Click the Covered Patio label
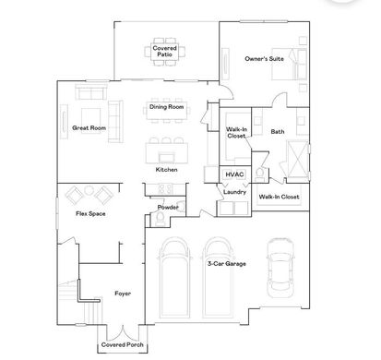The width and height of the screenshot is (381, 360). pos(165,52)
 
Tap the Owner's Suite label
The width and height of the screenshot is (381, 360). pos(265,59)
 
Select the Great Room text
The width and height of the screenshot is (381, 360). pos(89,127)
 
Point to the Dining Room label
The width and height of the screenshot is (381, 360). pos(167,107)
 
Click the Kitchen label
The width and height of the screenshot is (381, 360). pos(166,170)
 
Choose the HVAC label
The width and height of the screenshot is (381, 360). pos(234,174)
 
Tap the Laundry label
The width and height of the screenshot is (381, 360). pos(234,192)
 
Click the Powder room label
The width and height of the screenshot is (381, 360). pos(168,207)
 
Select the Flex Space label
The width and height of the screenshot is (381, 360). pos(90,213)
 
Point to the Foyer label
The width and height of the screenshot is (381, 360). pos(123,294)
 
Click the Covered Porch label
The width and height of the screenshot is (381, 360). pos(123,344)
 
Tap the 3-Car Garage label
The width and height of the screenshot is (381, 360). pos(227,264)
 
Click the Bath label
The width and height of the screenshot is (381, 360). pos(278,132)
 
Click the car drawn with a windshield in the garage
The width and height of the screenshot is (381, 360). pos(280,268)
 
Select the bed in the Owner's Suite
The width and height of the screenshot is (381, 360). pos(289,64)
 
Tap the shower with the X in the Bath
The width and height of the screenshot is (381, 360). pos(298,159)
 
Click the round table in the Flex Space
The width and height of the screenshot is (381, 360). pos(89,190)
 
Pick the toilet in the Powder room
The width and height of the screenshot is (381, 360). pos(161,218)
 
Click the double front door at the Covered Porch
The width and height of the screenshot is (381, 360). pos(123,332)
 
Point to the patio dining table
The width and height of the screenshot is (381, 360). pos(165,52)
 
